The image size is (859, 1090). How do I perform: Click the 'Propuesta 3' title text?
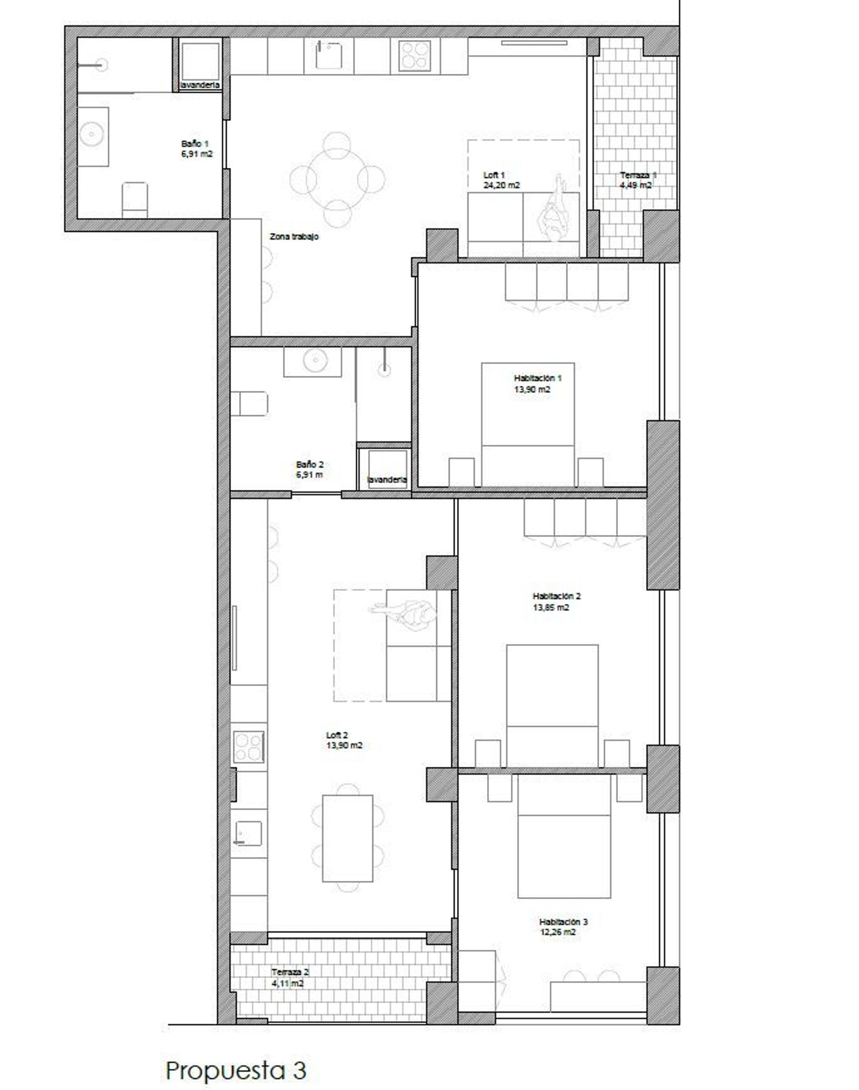point(236,1070)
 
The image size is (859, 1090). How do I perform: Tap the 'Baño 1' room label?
point(191,144)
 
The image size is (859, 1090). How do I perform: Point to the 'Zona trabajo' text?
point(294,236)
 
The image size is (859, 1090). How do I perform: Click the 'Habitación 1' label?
point(538,378)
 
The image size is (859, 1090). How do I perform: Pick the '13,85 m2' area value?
point(551,607)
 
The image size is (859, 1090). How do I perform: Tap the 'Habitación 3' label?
point(564,922)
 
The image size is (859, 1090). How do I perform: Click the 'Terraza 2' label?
point(290,972)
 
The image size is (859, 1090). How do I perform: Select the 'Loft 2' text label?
point(337,735)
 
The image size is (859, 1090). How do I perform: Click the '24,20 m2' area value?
point(502,185)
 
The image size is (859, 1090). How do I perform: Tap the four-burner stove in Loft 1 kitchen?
point(414,56)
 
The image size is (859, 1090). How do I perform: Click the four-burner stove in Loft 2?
point(248,747)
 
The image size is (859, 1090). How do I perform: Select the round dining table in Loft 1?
point(337,179)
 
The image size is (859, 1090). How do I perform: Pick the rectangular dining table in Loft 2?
point(348,838)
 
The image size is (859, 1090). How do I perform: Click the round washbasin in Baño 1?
point(92,136)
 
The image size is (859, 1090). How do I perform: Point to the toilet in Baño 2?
point(249,403)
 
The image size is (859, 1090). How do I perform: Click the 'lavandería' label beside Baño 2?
point(387,479)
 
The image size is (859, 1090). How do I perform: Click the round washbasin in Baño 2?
point(314,361)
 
